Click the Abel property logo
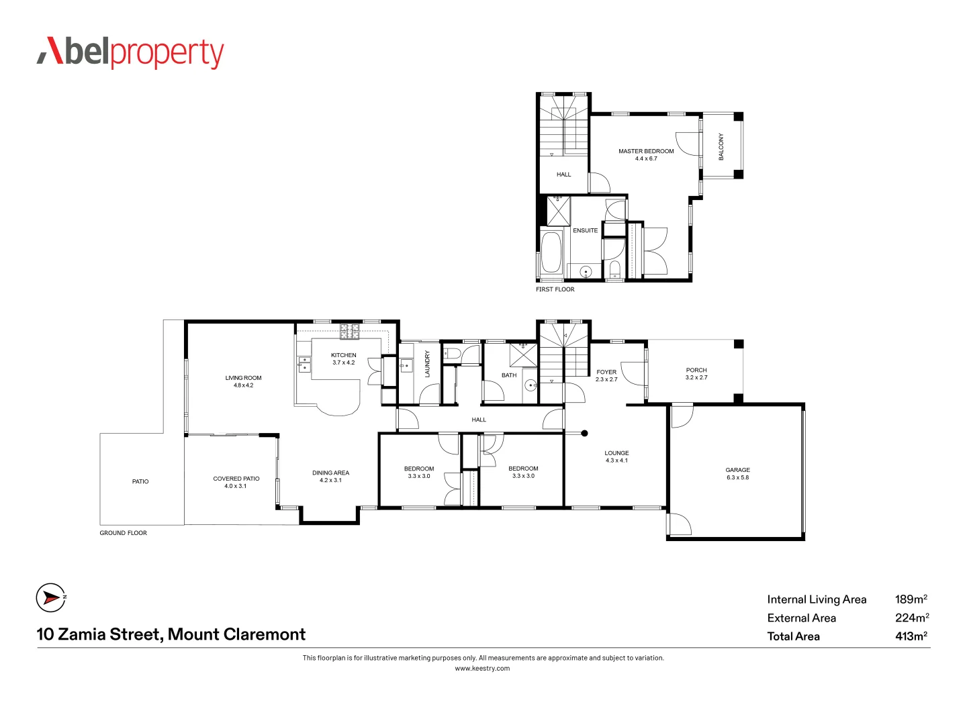pos(130,53)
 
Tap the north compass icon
pos(51,597)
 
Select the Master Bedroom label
pos(646,154)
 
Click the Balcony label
pos(721,146)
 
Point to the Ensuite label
pos(585,230)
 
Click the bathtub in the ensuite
pos(552,252)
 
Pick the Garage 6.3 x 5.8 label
pos(737,473)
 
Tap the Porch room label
pos(696,373)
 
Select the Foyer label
pos(606,375)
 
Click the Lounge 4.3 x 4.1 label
pos(616,456)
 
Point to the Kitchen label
pos(343,358)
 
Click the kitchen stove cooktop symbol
pos(349,331)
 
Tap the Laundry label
pos(427,364)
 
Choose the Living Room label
pos(243,381)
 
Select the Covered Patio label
pos(236,482)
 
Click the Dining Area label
pos(330,476)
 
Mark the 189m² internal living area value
pos(911,599)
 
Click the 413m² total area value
pos(911,636)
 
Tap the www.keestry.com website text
pos(482,668)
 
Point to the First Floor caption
pos(555,289)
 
